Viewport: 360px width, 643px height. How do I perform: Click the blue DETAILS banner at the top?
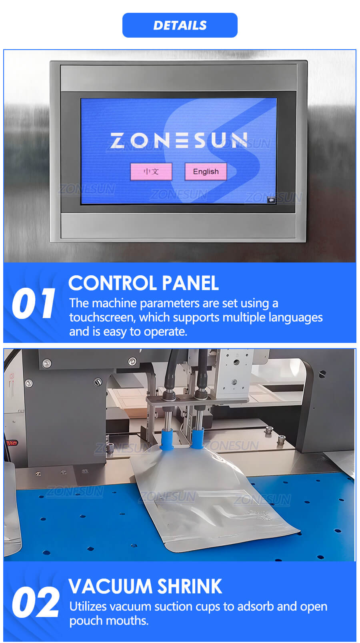(180, 25)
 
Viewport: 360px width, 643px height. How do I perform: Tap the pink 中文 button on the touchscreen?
(151, 172)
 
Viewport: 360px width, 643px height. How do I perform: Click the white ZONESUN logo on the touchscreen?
(179, 140)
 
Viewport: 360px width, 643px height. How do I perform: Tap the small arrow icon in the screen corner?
(271, 200)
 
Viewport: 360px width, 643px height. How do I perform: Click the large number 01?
(33, 303)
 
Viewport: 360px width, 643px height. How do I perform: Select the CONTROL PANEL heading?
(144, 283)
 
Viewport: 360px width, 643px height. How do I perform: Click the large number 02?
(36, 602)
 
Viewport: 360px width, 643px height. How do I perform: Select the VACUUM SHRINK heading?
(145, 586)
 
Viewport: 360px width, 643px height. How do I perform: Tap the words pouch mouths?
(109, 621)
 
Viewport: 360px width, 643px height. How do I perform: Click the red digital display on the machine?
(11, 443)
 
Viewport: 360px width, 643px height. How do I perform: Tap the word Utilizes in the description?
(88, 607)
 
